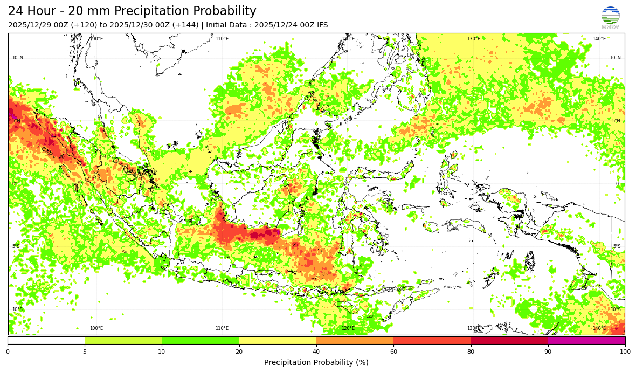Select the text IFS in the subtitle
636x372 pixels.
pos(321,25)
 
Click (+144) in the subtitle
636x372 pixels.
pos(185,25)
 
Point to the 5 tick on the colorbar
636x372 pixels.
pos(85,352)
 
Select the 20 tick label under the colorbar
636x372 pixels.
pos(239,352)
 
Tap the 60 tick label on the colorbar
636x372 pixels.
pos(393,352)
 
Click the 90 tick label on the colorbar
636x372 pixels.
pos(548,352)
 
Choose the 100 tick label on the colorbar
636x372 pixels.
pos(625,352)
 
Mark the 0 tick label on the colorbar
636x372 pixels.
pos(8,352)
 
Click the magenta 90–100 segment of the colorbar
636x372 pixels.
pos(586,340)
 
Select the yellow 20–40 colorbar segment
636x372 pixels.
pos(278,340)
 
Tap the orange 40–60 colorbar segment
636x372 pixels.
pos(355,340)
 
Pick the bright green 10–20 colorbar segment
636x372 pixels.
pos(201,340)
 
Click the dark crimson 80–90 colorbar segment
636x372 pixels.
pos(509,340)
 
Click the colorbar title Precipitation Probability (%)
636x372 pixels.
pos(316,362)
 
